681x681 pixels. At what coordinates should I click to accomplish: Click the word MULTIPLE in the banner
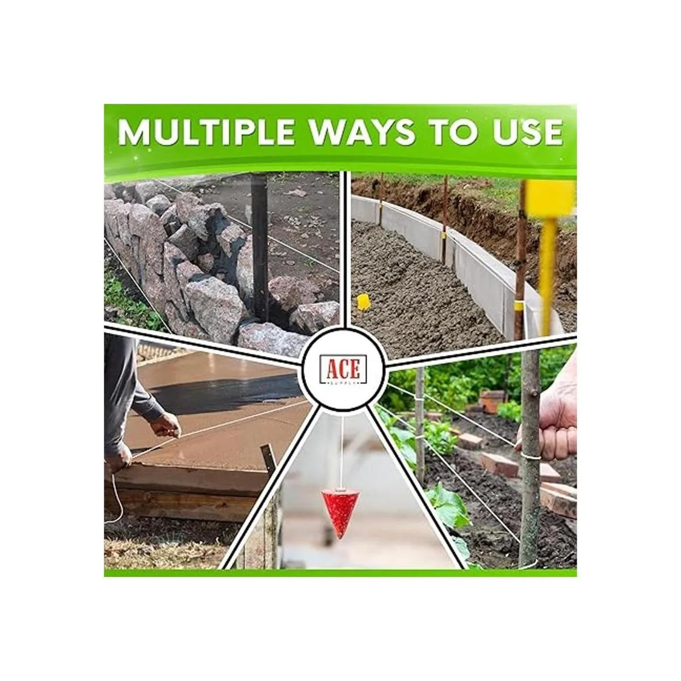[x=205, y=132]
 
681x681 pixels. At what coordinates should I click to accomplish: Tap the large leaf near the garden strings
[x=448, y=506]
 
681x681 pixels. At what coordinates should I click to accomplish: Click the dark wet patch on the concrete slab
[x=226, y=392]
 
